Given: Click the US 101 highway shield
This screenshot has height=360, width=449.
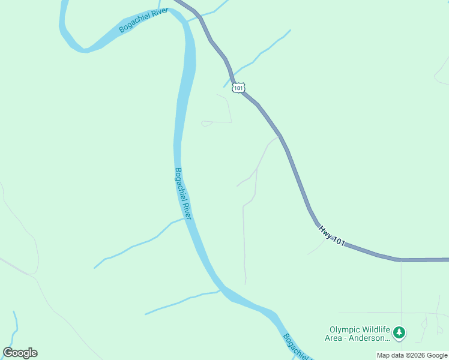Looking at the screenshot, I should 239,88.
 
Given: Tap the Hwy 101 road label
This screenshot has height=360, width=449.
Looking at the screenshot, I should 331,235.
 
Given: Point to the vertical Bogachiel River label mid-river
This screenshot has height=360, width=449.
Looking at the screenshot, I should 182,194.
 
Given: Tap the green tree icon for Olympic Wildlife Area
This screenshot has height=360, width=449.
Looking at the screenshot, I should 399,332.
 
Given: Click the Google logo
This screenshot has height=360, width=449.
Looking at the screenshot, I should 20,353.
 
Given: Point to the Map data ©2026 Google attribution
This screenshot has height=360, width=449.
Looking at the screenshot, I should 412,355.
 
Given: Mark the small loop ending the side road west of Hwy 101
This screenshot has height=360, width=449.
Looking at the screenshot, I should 205,124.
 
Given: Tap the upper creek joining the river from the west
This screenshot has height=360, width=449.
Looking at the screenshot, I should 138,244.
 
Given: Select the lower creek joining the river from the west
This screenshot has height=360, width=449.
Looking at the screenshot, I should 180,301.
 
